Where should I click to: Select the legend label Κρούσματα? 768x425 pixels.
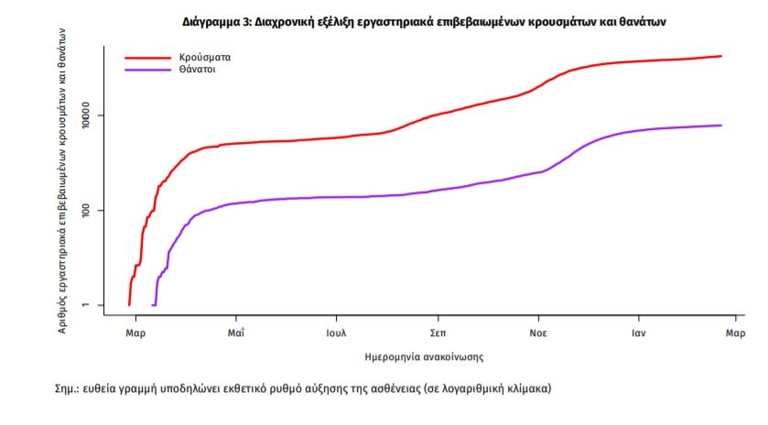205,57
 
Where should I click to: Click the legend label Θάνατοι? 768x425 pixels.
198,69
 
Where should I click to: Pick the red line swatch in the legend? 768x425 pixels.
148,57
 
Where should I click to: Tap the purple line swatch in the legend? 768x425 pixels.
148,69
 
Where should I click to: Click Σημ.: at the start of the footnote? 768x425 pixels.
70,388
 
